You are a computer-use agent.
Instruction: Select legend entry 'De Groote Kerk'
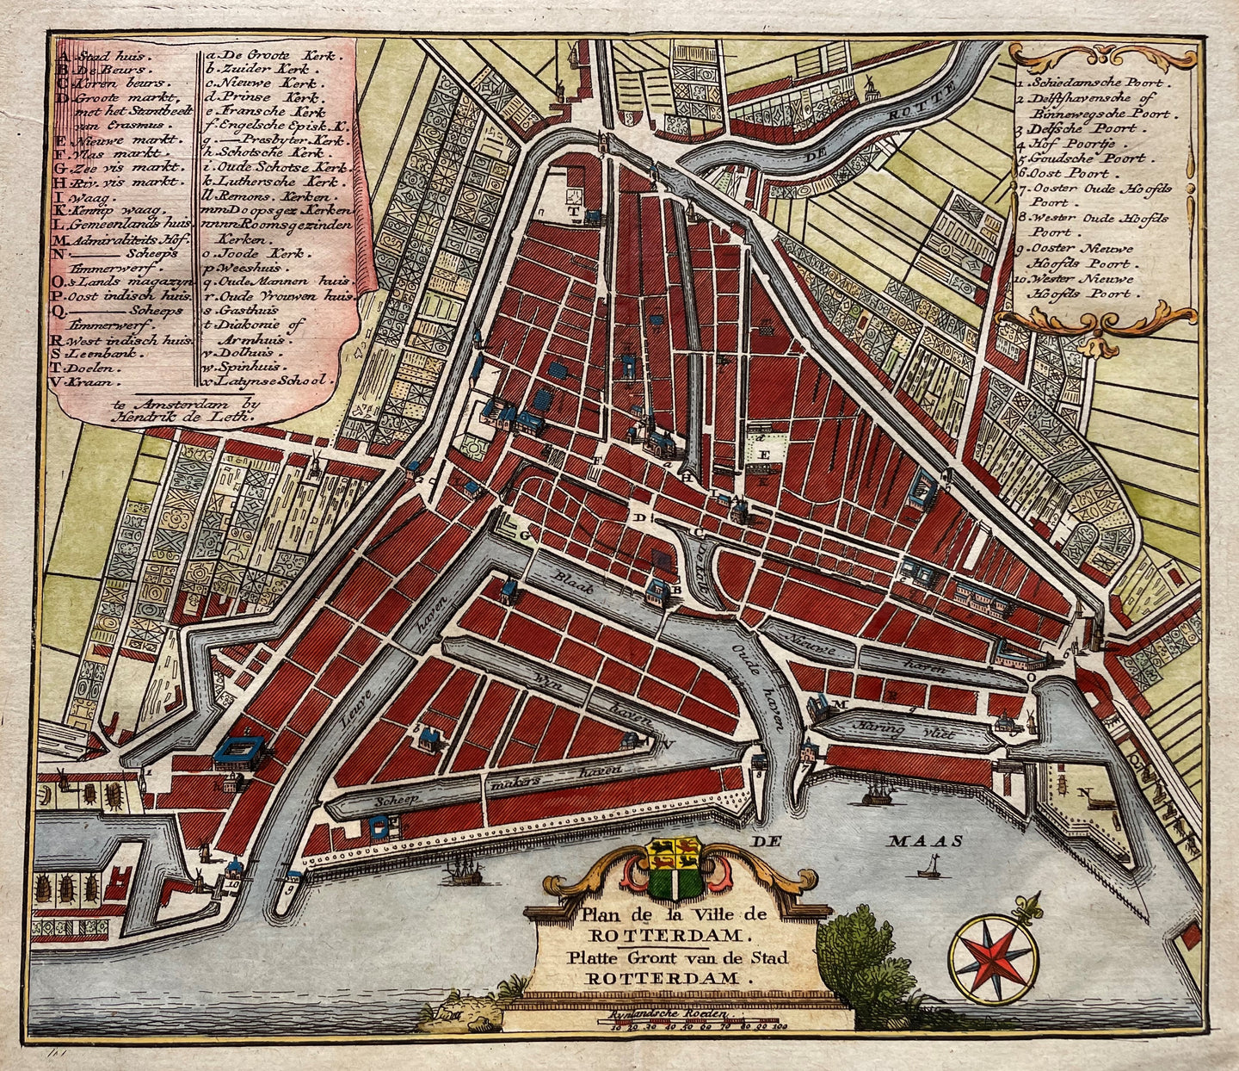click(x=258, y=53)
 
